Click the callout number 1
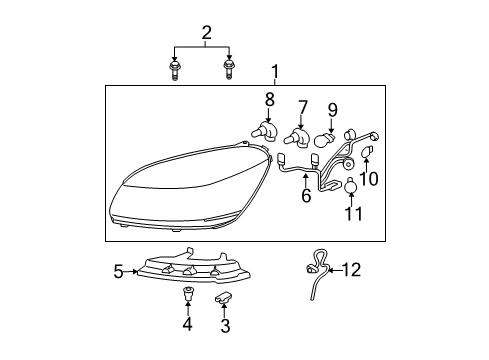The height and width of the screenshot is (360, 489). click(274, 72)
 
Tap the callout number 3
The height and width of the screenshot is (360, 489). click(225, 325)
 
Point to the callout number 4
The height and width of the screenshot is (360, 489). click(188, 325)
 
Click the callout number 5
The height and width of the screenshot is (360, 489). click(119, 270)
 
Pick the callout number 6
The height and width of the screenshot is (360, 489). click(307, 197)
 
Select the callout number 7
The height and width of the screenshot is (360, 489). click(301, 106)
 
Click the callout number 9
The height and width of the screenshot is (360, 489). click(332, 110)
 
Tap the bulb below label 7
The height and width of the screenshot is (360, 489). click(297, 137)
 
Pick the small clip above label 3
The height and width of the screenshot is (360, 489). click(224, 298)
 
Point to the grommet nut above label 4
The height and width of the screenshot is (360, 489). click(188, 296)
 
